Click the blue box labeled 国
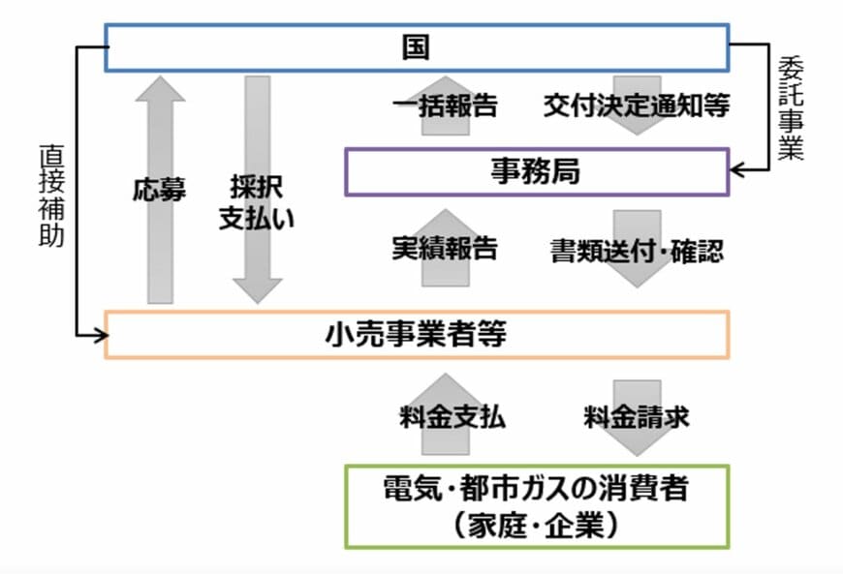point(416,47)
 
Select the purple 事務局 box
point(536,171)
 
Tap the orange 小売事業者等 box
point(416,335)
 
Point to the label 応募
point(160,190)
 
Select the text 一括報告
point(446,106)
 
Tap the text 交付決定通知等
point(636,106)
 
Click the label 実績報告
point(445,248)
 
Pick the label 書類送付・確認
point(636,249)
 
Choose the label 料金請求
point(636,418)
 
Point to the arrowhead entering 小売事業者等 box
point(96,335)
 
